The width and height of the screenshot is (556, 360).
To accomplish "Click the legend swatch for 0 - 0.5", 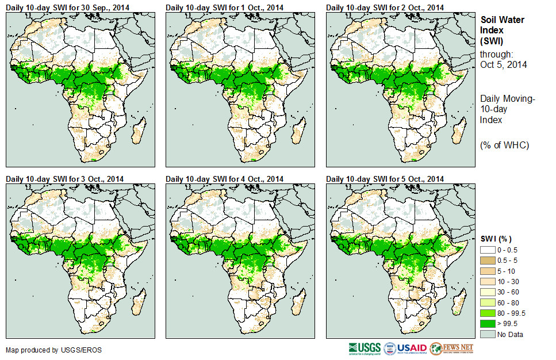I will [x=488, y=250].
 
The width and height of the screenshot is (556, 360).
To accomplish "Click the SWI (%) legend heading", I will [x=496, y=239].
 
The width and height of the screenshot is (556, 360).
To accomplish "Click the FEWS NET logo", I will [x=453, y=348].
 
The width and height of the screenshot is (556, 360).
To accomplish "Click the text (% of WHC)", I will [x=504, y=145].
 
